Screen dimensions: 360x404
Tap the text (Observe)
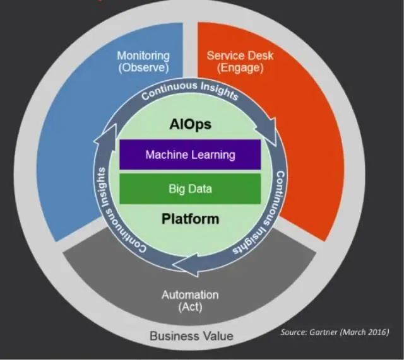tap(143, 67)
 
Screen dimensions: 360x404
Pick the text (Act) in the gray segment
tap(190, 306)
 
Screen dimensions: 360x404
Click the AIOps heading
tap(190, 125)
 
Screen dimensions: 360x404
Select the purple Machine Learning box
tap(190, 154)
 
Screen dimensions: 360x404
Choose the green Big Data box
tap(190, 189)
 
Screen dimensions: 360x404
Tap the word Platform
tap(190, 219)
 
